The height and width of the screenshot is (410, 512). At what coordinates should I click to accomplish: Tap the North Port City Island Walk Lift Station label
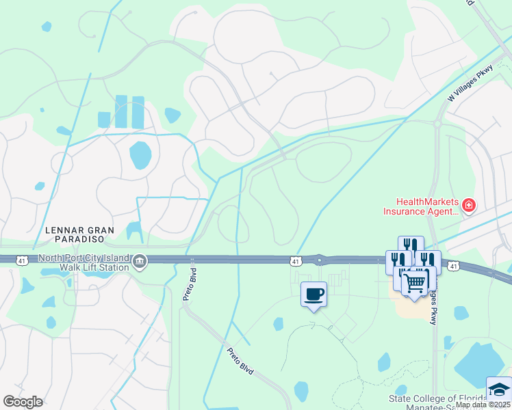coord(84,262)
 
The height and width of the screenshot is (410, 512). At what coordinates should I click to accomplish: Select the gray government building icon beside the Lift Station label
coord(139,260)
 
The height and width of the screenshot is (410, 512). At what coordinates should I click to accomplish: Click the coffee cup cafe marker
coord(314,295)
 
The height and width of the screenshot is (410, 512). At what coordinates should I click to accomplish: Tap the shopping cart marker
coord(415,282)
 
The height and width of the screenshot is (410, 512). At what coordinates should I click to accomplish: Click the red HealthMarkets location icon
coord(469,205)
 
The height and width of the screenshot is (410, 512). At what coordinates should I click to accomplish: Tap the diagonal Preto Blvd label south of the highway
coord(240,360)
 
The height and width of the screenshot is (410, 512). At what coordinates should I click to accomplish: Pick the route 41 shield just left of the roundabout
coord(295,260)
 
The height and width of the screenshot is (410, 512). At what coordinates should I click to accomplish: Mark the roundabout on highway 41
coord(319,260)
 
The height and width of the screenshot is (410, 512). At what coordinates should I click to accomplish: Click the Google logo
coord(23,402)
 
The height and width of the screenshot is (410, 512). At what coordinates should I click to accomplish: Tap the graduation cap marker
coord(499,389)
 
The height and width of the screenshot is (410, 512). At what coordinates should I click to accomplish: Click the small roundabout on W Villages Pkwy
coord(437,124)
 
